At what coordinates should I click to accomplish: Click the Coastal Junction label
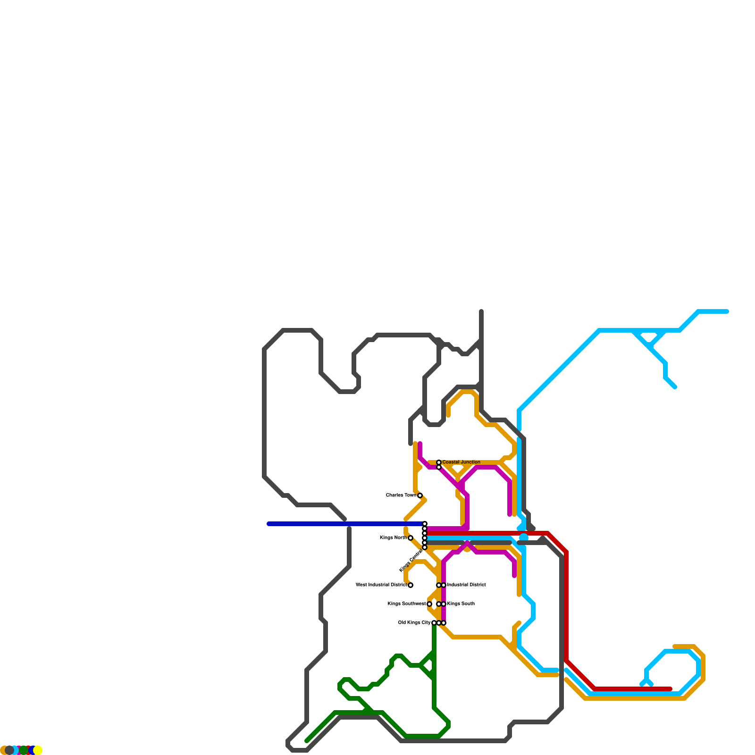click(461, 462)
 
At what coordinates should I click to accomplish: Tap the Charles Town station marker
click(420, 495)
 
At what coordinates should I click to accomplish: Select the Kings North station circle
click(411, 538)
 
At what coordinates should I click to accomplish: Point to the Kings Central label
click(410, 561)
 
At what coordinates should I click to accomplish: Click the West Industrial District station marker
click(411, 585)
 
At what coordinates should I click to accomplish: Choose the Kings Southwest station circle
click(429, 604)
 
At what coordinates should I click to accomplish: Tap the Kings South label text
click(461, 604)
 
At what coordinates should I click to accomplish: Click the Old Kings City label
click(414, 623)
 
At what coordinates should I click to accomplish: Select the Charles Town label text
click(401, 495)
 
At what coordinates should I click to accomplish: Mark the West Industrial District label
click(381, 585)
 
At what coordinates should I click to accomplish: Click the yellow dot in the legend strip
click(38, 750)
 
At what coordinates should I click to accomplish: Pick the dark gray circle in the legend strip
click(9, 750)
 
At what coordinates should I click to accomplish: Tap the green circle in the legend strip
click(24, 750)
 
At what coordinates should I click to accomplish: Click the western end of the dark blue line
click(268, 524)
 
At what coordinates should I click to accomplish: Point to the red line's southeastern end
click(670, 689)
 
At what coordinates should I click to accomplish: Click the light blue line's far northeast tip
click(727, 311)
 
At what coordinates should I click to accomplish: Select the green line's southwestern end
click(307, 741)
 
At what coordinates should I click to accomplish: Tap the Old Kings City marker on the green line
click(434, 623)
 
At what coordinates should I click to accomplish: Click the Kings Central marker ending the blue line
click(425, 524)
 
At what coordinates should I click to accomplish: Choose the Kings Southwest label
click(406, 604)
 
